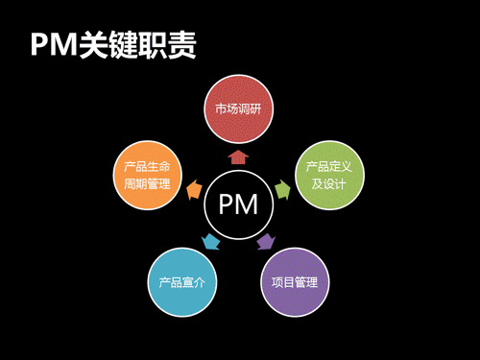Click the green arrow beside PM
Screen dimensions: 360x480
pyautogui.click(x=283, y=189)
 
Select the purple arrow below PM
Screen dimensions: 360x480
pyautogui.click(x=267, y=242)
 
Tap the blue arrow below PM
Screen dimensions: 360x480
pyautogui.click(x=210, y=242)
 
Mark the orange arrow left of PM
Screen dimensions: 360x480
pyautogui.click(x=193, y=189)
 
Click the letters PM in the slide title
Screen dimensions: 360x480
pyautogui.click(x=54, y=45)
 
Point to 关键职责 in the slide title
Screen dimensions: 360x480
pyautogui.click(x=144, y=45)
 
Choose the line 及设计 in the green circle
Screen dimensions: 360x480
pyautogui.click(x=327, y=183)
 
